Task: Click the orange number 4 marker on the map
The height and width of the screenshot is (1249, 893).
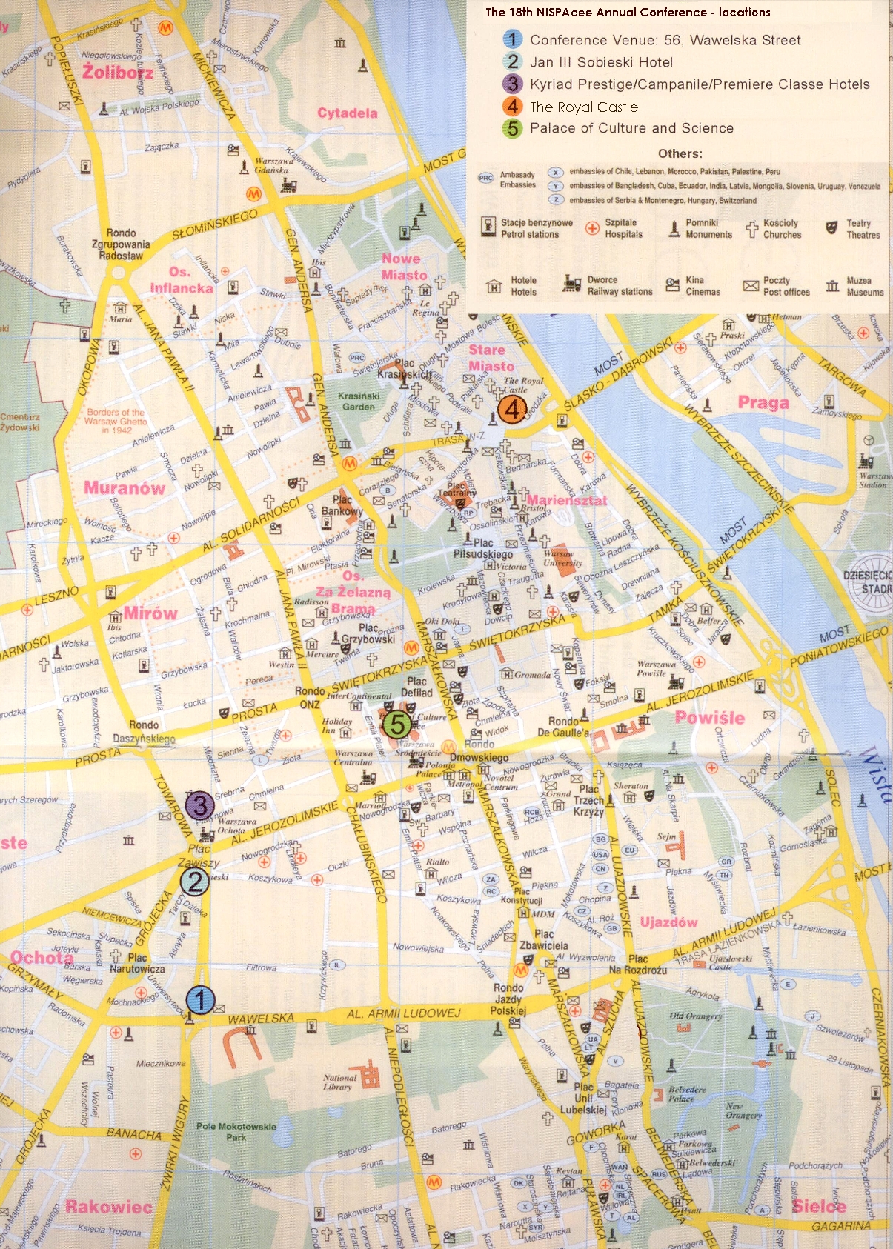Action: (511, 409)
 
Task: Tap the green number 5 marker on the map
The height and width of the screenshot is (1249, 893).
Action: (397, 724)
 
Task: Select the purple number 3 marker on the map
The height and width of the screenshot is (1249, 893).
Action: (199, 805)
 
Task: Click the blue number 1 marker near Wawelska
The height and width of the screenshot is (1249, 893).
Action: (199, 1000)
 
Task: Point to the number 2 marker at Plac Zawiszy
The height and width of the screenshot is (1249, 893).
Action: (194, 881)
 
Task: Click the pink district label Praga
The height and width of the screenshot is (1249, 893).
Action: (763, 403)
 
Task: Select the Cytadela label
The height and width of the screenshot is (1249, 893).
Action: (348, 113)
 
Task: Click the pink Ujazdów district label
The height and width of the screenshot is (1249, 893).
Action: (668, 922)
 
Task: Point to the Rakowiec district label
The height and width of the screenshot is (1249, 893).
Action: (108, 1207)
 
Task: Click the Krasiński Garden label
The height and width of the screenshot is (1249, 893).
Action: (359, 401)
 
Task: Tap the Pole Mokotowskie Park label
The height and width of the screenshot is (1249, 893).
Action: (236, 1131)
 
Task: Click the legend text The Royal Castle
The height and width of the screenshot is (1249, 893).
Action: (583, 107)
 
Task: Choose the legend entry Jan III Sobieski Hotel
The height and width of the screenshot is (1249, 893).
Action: (601, 62)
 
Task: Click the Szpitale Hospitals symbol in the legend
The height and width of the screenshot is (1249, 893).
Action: (592, 228)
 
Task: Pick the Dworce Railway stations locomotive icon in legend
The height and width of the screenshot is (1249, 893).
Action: (572, 284)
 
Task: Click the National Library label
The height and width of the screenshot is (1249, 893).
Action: (339, 1082)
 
